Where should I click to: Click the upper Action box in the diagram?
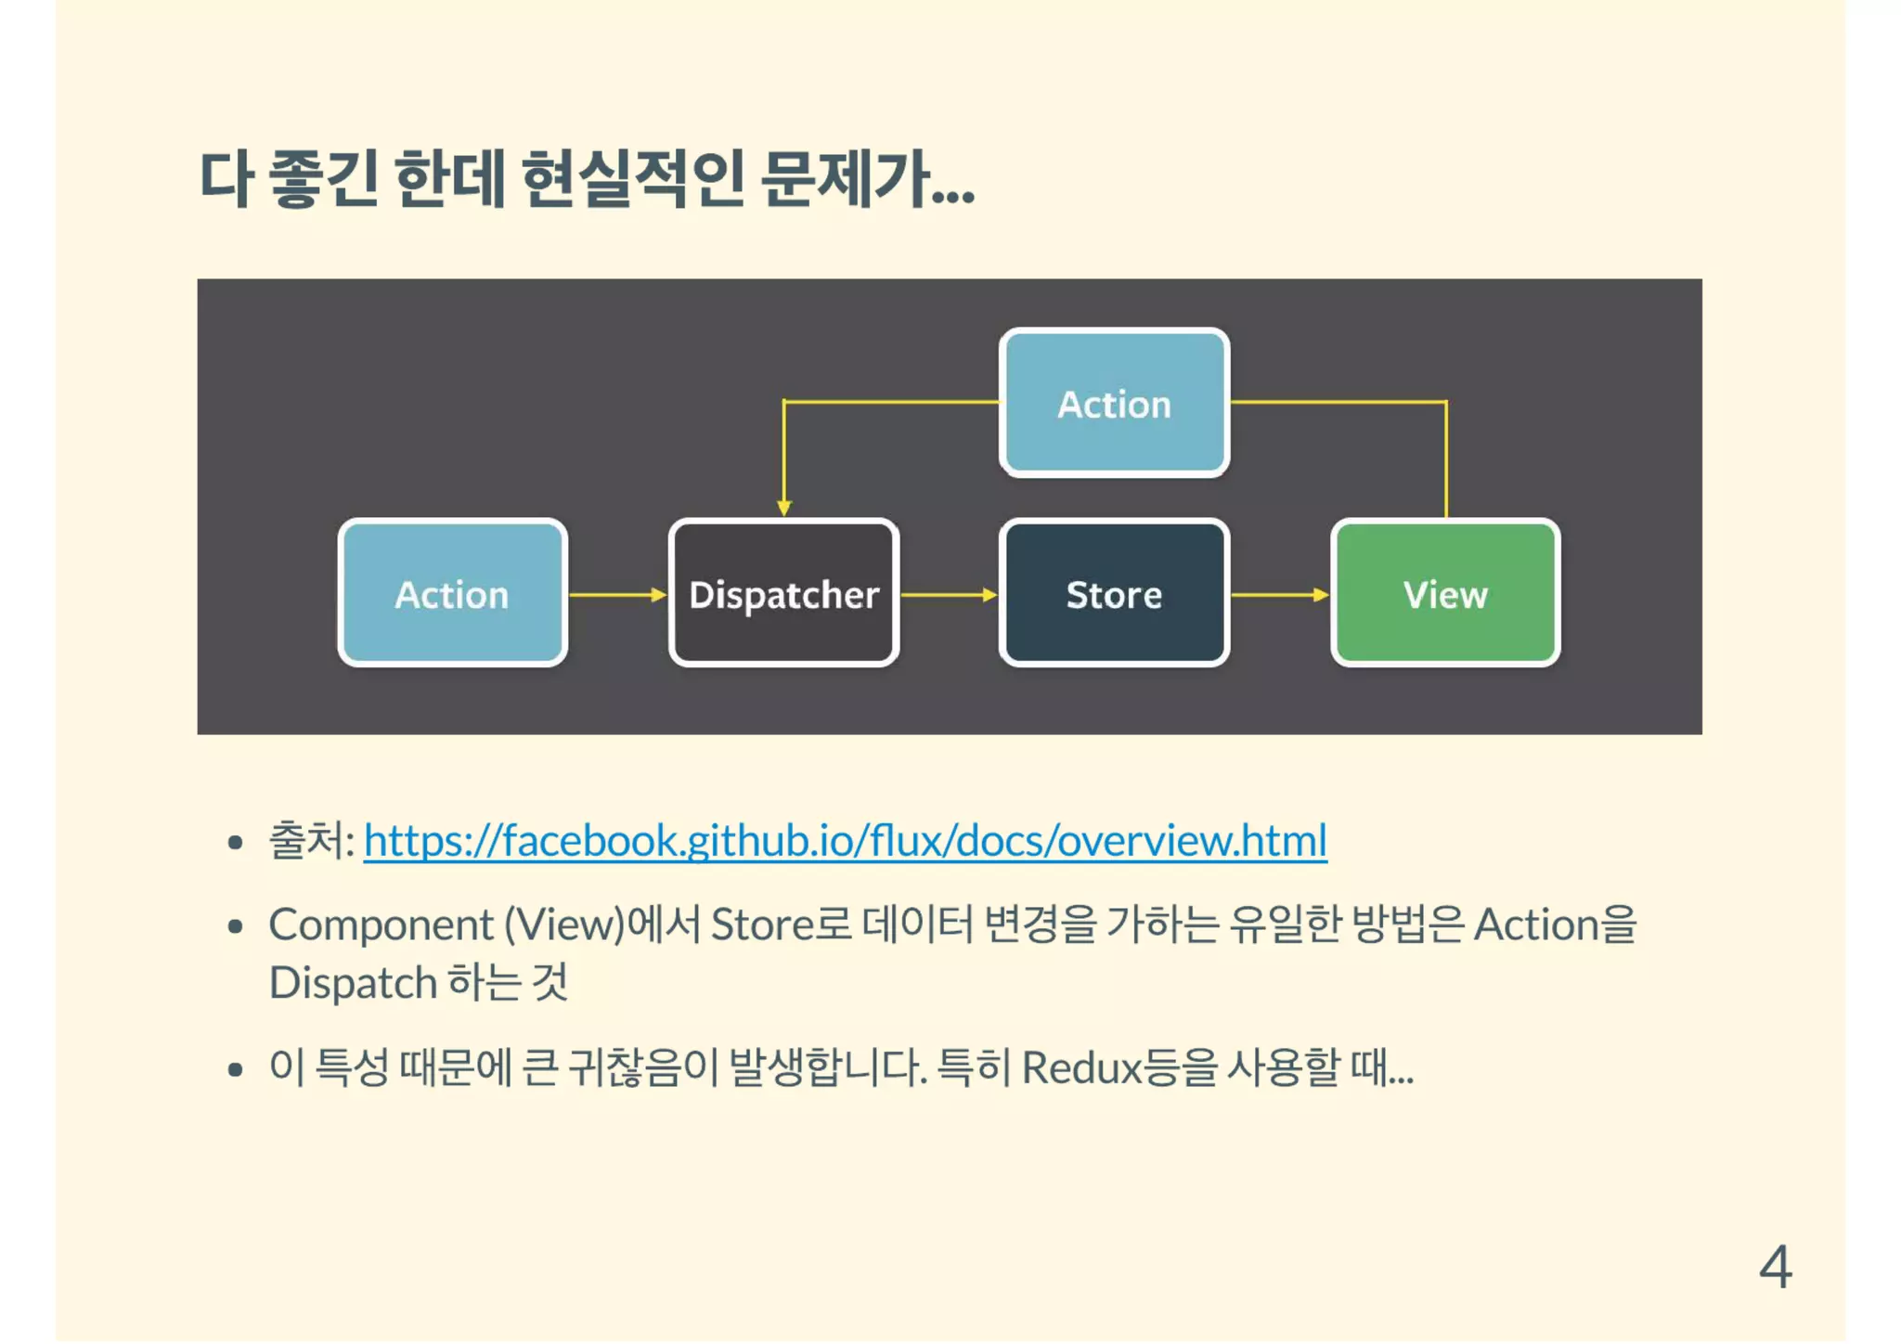click(1114, 403)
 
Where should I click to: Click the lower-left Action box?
click(452, 593)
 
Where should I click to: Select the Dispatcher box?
click(783, 593)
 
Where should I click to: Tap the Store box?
click(1114, 593)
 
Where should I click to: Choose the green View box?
click(1445, 593)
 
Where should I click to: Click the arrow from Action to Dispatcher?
click(617, 594)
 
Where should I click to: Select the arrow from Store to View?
click(1279, 594)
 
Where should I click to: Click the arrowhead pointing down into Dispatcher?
click(784, 507)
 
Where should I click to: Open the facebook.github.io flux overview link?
click(845, 841)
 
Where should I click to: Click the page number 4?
click(1775, 1266)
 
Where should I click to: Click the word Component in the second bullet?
click(381, 924)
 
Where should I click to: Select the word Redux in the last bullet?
click(1080, 1067)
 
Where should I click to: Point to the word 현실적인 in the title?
click(632, 178)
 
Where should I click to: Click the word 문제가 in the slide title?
click(845, 178)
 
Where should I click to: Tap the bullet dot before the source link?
click(235, 843)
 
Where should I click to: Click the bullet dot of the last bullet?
click(235, 1069)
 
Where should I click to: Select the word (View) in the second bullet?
click(564, 924)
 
